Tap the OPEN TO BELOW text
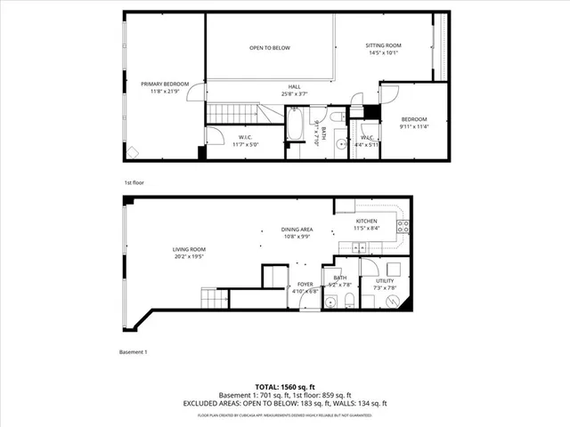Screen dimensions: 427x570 (x=269, y=48)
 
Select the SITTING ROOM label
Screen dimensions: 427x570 (x=385, y=48)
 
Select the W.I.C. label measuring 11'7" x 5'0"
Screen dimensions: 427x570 (x=247, y=140)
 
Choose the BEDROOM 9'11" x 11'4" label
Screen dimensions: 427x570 (x=414, y=123)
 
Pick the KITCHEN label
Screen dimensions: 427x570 (x=367, y=224)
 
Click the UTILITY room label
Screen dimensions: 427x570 (x=385, y=284)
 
